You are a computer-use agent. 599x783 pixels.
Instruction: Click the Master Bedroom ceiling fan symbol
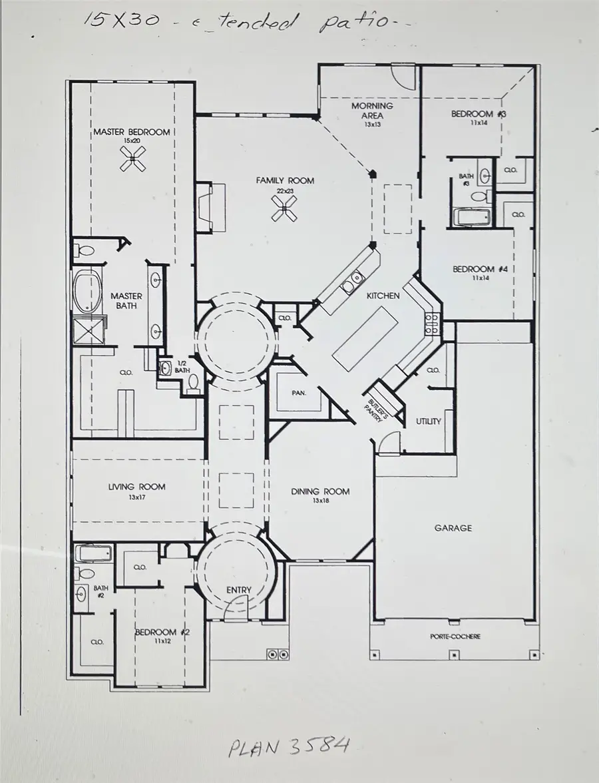132,158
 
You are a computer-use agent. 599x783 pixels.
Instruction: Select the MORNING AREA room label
372,110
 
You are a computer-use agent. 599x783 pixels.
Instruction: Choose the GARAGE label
453,528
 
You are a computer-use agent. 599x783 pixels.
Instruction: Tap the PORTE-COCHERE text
456,637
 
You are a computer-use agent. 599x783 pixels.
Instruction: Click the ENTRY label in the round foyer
238,590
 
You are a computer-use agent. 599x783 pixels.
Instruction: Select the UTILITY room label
429,421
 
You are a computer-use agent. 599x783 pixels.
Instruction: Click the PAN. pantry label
298,393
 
